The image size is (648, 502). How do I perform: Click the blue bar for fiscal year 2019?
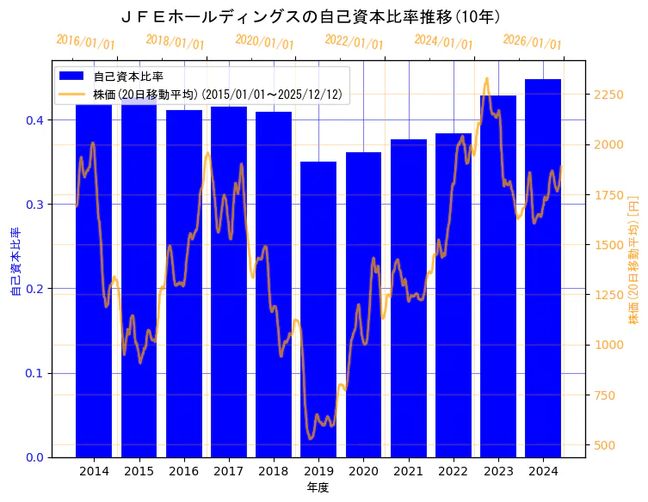(318, 309)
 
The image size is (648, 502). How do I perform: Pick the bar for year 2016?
(184, 284)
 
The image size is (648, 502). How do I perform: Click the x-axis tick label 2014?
(94, 471)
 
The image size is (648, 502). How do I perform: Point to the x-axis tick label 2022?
(454, 471)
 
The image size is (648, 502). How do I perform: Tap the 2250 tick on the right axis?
(608, 95)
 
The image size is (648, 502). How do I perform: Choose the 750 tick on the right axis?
(605, 395)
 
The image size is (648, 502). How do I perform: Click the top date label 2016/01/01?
(85, 42)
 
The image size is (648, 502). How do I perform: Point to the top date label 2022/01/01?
(354, 42)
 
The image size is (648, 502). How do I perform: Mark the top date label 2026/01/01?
(532, 42)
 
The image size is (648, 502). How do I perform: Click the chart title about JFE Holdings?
(312, 16)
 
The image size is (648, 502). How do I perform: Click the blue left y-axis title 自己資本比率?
(15, 262)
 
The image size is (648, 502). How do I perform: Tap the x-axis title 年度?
(318, 487)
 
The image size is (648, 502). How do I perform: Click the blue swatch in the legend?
(72, 77)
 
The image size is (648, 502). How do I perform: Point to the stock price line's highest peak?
(486, 78)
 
